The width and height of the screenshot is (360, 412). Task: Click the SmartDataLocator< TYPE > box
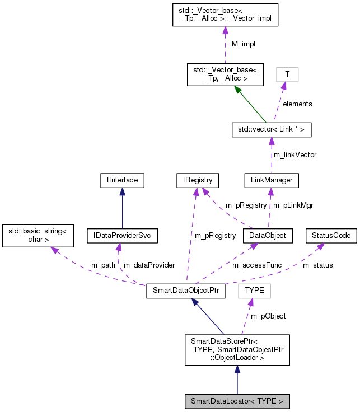click(237, 401)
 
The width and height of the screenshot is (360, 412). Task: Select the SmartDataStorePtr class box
click(237, 350)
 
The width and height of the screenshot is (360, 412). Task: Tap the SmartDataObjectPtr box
click(185, 292)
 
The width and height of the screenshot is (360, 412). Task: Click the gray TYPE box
click(254, 291)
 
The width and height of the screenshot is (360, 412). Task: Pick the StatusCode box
click(331, 236)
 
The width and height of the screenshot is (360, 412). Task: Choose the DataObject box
click(268, 236)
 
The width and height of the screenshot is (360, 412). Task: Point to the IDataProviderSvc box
click(123, 236)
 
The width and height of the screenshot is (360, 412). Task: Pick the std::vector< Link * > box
click(272, 130)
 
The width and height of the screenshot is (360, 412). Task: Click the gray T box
click(287, 74)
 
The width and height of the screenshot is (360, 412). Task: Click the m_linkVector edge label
click(294, 154)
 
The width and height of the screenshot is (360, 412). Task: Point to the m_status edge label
click(317, 265)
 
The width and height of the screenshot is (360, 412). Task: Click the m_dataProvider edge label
click(149, 265)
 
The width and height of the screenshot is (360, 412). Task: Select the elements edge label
click(297, 104)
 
